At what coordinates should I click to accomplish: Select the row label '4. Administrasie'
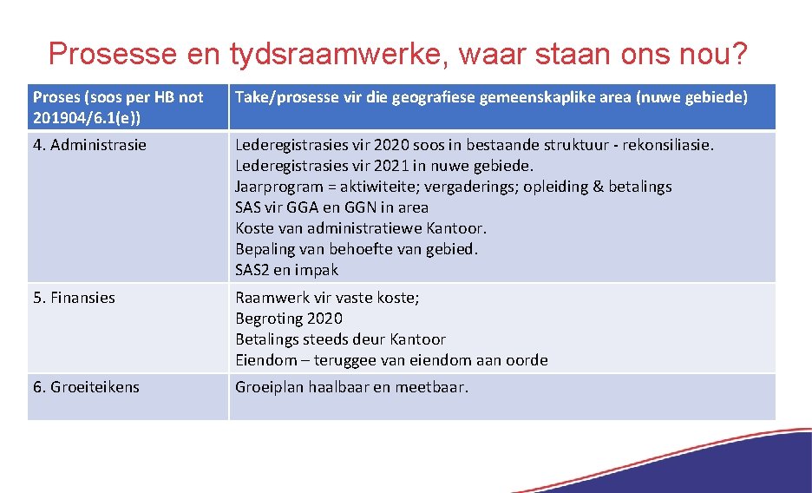point(89,145)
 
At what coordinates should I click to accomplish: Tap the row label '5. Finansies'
point(74,298)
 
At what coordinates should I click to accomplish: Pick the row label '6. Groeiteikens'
point(86,386)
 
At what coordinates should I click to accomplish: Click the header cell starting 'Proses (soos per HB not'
point(117,97)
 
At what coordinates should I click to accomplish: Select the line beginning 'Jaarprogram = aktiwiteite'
point(453,187)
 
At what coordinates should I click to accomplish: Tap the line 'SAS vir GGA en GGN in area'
point(331,207)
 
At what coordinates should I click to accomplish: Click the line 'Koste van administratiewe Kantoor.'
point(361,228)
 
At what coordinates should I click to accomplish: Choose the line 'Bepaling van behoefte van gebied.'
point(357,249)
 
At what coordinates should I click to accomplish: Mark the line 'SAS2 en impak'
point(286,270)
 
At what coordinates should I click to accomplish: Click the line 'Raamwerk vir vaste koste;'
point(327,298)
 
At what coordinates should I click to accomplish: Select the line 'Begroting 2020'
point(289,319)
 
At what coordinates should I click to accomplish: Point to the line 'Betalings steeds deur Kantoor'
point(340,339)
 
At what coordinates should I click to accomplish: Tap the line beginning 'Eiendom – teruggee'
point(391,360)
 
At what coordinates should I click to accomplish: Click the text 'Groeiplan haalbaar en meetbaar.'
point(351,386)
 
